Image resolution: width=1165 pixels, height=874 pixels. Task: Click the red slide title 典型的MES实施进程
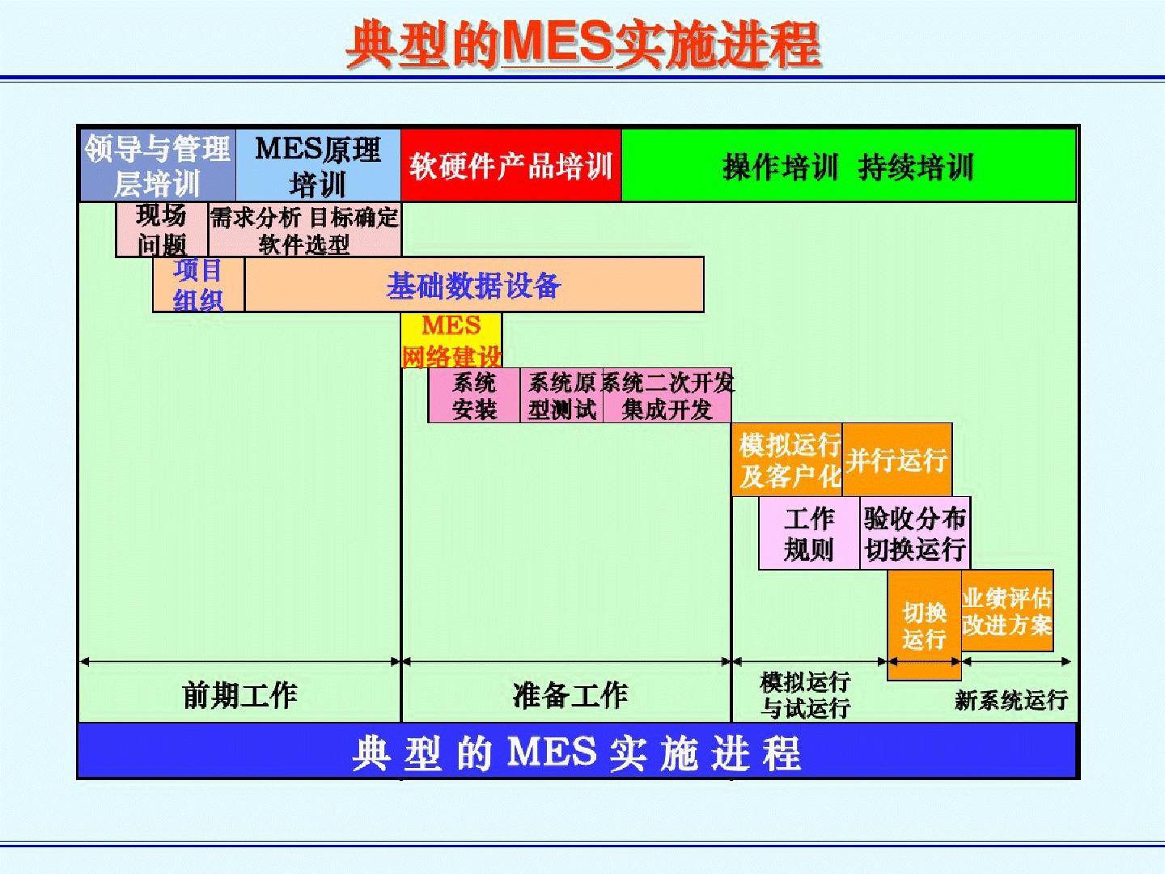pos(582,44)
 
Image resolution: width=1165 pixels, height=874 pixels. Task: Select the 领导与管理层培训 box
pos(158,166)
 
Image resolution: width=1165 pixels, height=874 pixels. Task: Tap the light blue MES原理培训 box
pos(318,166)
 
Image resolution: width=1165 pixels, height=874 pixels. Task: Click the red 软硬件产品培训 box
pos(511,166)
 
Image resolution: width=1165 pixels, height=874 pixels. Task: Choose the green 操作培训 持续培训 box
pos(848,167)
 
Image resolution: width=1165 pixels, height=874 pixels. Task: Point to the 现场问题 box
pos(162,230)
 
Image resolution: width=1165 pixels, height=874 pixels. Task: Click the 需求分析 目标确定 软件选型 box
pos(304,230)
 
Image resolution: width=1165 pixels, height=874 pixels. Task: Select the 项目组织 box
pos(198,285)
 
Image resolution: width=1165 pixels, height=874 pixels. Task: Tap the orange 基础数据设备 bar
pos(473,285)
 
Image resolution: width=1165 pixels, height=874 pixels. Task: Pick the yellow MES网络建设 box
pos(451,341)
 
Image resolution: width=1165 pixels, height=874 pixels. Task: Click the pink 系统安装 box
pos(474,396)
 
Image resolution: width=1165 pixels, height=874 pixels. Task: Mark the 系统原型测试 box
pos(561,396)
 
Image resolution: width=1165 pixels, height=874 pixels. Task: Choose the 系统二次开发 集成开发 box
pos(667,396)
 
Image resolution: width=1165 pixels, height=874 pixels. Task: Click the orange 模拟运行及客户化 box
pos(788,460)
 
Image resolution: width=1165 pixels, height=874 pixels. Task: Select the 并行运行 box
pos(896,460)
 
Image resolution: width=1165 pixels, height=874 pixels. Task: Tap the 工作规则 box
pos(809,533)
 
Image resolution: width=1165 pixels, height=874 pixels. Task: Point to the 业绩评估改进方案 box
pos(1007,611)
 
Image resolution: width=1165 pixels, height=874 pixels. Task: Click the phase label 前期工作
pos(239,694)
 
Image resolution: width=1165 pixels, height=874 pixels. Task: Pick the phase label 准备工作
pos(570,694)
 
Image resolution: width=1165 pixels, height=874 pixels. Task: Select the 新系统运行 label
pos(1010,700)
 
